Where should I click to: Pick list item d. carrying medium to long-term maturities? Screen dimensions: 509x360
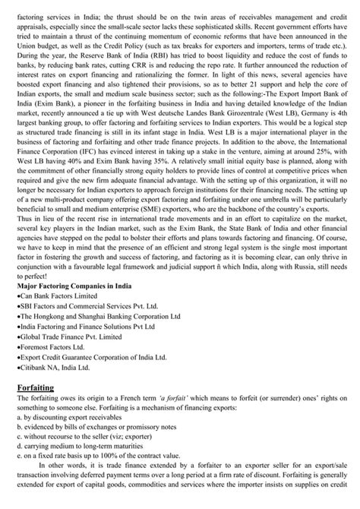pos(71,463)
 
